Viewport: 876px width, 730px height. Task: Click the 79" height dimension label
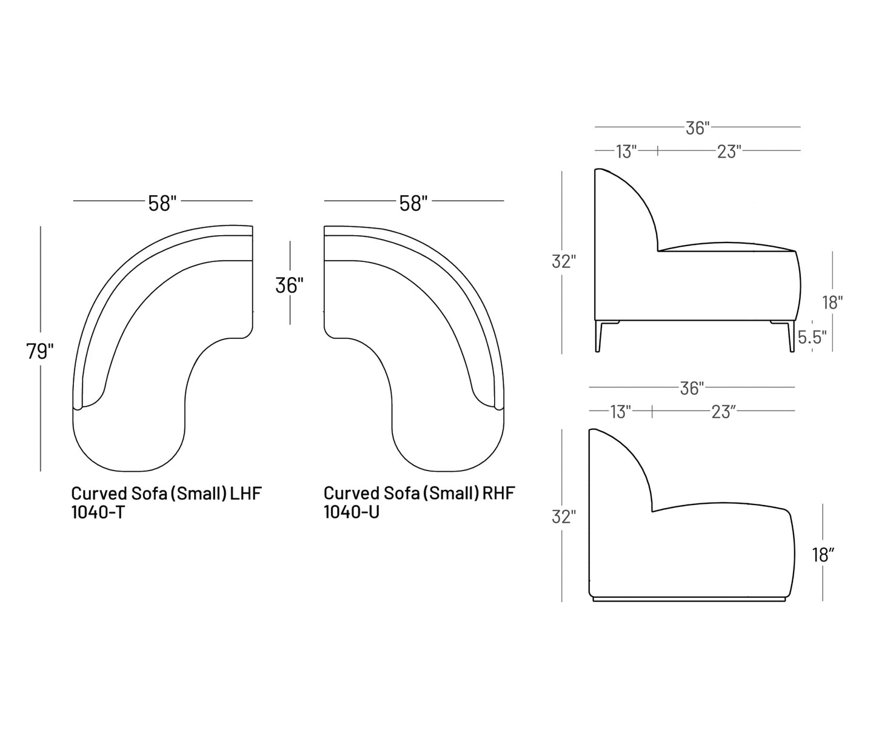40,352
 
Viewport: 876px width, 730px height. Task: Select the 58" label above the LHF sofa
162,204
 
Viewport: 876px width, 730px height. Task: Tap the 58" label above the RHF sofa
413,204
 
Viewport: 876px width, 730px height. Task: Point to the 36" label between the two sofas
290,286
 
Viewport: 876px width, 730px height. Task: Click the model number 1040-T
98,512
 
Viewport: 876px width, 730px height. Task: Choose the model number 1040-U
351,512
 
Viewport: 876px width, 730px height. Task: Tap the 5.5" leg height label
812,337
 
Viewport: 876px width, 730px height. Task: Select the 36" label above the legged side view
698,128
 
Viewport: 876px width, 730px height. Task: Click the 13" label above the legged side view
626,152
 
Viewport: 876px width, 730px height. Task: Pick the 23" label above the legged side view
729,152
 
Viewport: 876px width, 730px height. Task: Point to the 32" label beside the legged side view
564,261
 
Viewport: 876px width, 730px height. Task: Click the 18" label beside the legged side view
832,303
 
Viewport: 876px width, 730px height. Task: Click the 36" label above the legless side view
692,389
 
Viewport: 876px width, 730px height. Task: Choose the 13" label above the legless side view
620,412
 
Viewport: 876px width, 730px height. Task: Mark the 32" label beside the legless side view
564,517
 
